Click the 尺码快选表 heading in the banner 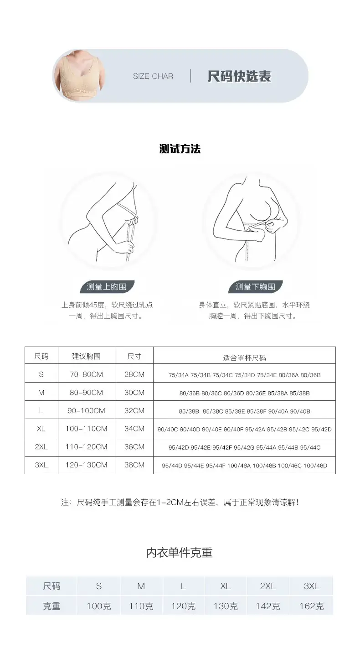(239, 76)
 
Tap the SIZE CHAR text (153, 76)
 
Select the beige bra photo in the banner (79, 76)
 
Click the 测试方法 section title (180, 149)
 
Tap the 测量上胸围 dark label (107, 287)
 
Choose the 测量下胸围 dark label (255, 287)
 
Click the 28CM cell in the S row (134, 374)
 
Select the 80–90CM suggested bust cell (86, 393)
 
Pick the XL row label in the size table (41, 429)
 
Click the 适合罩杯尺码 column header (244, 358)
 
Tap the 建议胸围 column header (86, 356)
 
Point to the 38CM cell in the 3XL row (134, 465)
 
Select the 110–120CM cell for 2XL (86, 447)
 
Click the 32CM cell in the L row (134, 411)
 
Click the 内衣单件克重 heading (180, 553)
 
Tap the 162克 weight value (311, 606)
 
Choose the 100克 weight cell (99, 606)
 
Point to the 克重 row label (51, 606)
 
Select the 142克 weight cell (268, 606)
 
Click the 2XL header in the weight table (268, 586)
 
